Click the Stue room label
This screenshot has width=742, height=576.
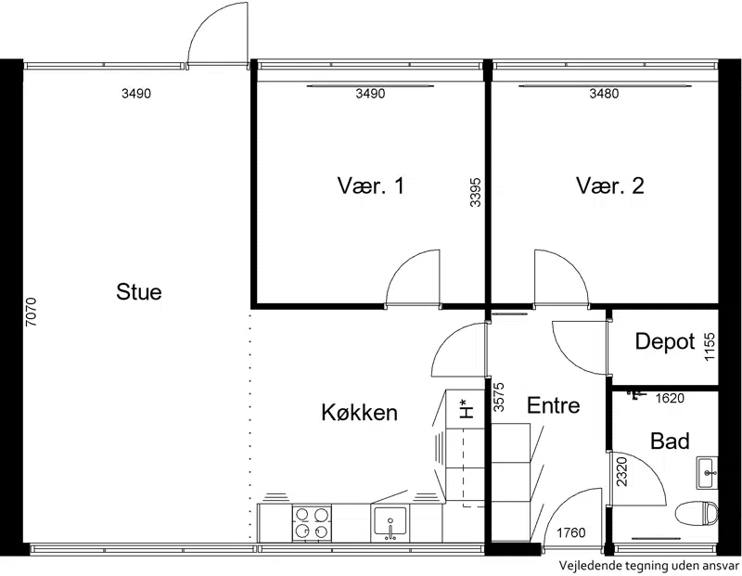(138, 291)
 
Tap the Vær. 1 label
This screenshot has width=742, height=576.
(371, 186)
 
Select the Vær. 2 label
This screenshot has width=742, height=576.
(610, 186)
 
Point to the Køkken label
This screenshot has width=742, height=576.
(359, 412)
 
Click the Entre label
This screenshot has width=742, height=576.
(553, 405)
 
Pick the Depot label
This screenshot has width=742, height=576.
(665, 341)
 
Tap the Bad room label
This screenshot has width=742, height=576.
(670, 442)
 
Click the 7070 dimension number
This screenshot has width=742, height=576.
(31, 312)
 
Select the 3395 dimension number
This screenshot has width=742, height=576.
(476, 192)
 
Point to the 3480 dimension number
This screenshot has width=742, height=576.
(604, 94)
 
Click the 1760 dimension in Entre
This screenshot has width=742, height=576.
(570, 533)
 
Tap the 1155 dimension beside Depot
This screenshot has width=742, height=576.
(710, 347)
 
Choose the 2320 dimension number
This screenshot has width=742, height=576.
(621, 471)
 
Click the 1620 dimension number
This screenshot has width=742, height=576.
(670, 399)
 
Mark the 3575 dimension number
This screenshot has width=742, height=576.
(499, 397)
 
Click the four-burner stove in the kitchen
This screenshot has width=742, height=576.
(312, 523)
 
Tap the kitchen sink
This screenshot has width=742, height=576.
(390, 523)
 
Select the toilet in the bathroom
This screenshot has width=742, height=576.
(697, 514)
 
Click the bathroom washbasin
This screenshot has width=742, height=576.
(707, 473)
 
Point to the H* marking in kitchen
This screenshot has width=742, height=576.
(467, 409)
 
